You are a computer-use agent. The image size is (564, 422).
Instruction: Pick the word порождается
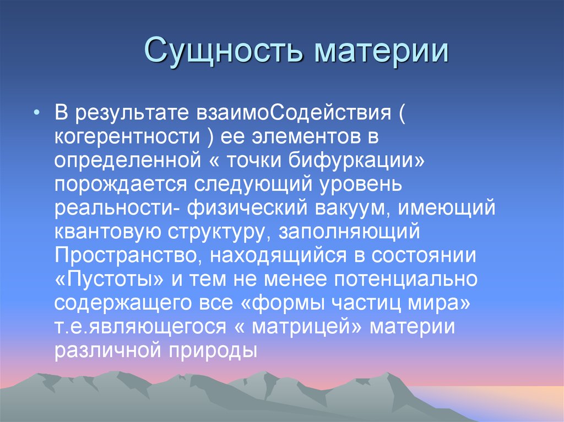(115, 184)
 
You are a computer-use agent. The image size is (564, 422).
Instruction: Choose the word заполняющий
(350, 232)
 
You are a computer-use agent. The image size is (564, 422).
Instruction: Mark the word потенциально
(404, 279)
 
